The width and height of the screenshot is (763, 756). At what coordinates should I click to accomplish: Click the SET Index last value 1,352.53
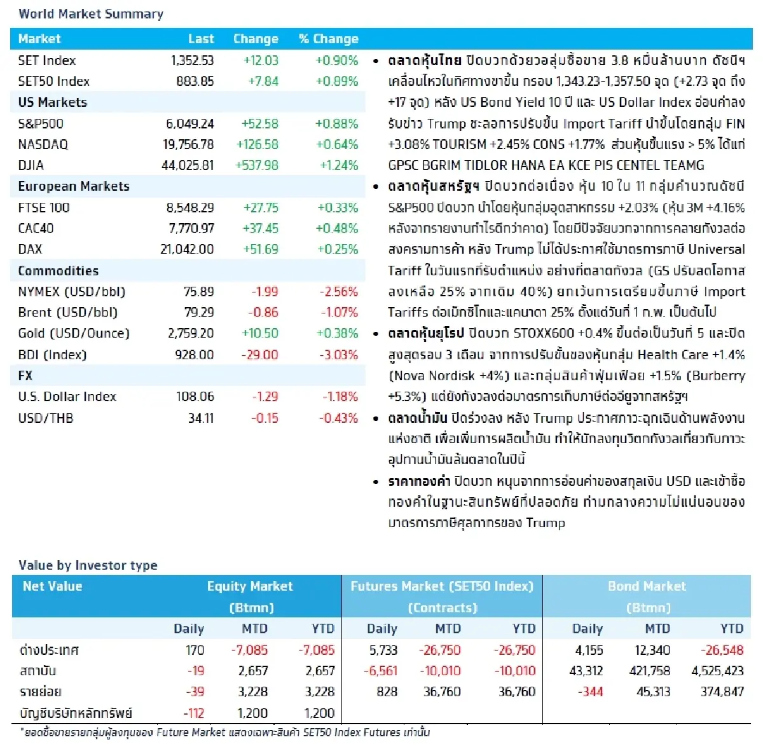pos(192,60)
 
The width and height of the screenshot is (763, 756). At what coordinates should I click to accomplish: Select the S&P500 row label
pos(41,124)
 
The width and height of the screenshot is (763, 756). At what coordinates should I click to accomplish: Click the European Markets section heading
pos(74,186)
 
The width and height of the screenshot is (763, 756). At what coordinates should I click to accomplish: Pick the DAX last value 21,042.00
pos(187,249)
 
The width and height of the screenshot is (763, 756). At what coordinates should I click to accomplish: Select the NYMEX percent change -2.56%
pos(338,292)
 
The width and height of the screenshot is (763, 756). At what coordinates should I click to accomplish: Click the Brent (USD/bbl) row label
pos(67,312)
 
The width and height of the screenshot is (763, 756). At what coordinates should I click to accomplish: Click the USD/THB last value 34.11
pos(200,418)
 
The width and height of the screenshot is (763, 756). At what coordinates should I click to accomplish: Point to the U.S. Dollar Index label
pos(67,397)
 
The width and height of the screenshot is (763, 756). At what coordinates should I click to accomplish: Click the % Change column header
pos(328,39)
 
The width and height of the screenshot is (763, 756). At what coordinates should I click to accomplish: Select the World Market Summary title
pos(91,14)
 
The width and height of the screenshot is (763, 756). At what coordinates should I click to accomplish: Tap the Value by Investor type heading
pos(88,565)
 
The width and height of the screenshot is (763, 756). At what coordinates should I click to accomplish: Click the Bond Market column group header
pos(647,586)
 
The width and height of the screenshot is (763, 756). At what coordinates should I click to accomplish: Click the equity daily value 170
pos(195,650)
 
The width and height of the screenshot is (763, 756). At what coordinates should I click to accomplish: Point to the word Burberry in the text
pos(718,376)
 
